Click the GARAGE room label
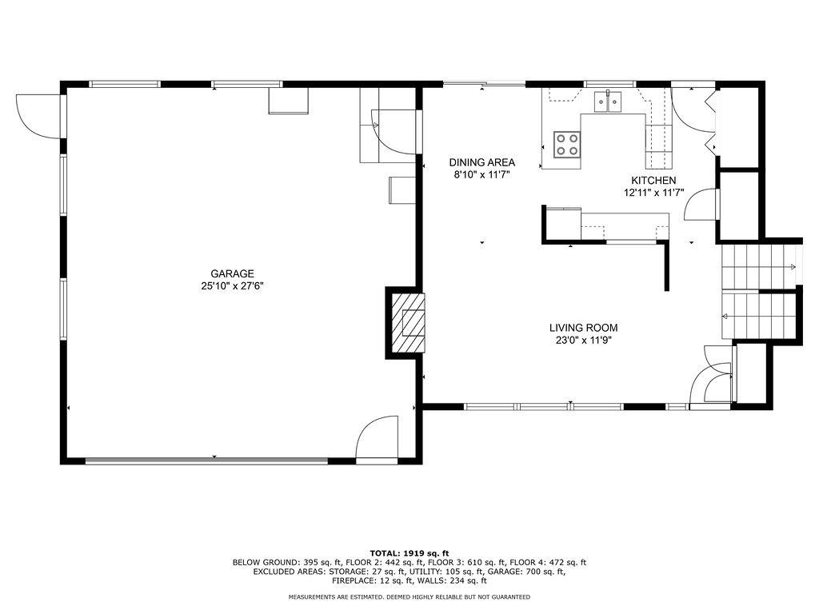[233, 273]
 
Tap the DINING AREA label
[482, 162]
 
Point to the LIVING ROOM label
[583, 328]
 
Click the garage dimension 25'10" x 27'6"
[233, 286]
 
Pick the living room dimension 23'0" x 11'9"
[583, 341]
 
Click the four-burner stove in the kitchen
[567, 145]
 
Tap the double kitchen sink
[607, 102]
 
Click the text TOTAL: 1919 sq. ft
[409, 553]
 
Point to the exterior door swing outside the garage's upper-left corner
[38, 116]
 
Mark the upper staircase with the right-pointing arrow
[758, 267]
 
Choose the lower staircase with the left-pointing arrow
[758, 315]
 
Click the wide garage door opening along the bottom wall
[207, 460]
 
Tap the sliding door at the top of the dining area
[484, 83]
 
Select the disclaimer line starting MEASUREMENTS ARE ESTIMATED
[409, 596]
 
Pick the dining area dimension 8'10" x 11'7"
[482, 175]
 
